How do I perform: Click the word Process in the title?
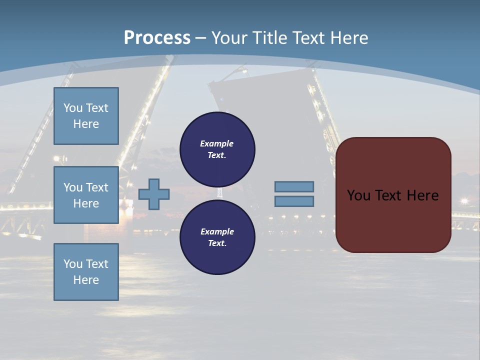point(157,37)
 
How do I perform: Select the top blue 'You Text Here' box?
point(86,116)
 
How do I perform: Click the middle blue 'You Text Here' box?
point(86,195)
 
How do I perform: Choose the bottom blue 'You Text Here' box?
point(86,272)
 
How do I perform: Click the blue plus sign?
point(154,194)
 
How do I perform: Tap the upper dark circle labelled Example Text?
point(217,149)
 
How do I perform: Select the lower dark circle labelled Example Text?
point(217,237)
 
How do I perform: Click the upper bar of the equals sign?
point(294,186)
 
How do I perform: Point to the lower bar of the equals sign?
point(294,201)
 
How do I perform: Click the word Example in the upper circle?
point(217,143)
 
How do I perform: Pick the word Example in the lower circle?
point(217,231)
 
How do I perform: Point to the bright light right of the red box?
point(464,201)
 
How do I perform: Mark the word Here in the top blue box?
point(86,124)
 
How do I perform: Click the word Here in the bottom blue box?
point(86,280)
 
